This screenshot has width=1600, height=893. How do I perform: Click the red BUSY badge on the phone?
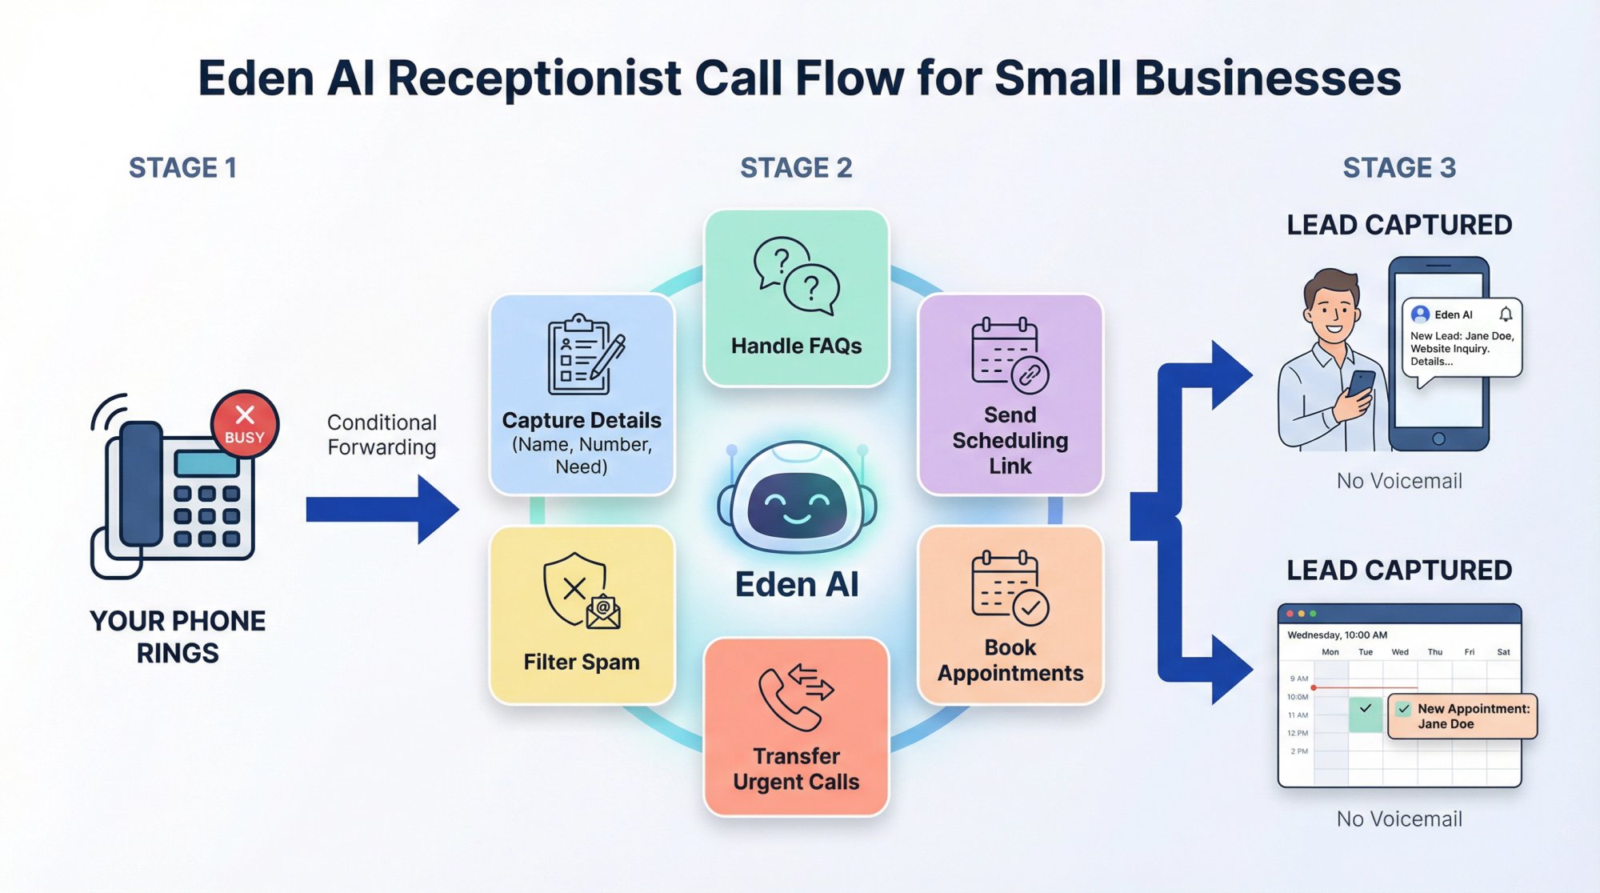click(245, 424)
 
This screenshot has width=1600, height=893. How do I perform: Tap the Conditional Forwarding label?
click(382, 434)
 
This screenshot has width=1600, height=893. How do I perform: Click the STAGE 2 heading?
click(796, 168)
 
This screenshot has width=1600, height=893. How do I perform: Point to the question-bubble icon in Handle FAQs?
click(796, 275)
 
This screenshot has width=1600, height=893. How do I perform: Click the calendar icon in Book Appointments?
click(1009, 587)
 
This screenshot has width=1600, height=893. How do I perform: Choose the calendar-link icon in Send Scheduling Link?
click(1009, 354)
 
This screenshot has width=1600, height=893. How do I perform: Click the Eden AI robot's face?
click(797, 505)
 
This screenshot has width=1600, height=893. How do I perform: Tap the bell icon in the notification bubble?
click(1505, 314)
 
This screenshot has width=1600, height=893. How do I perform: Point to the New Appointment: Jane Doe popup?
click(1462, 716)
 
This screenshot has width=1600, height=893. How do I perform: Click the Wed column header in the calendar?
click(1399, 652)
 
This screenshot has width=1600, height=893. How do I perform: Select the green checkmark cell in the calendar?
click(1365, 713)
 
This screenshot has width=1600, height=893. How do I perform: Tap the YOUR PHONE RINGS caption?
click(178, 637)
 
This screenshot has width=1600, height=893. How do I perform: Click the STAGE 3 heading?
click(1398, 168)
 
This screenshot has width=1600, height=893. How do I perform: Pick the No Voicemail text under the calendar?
click(1398, 819)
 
